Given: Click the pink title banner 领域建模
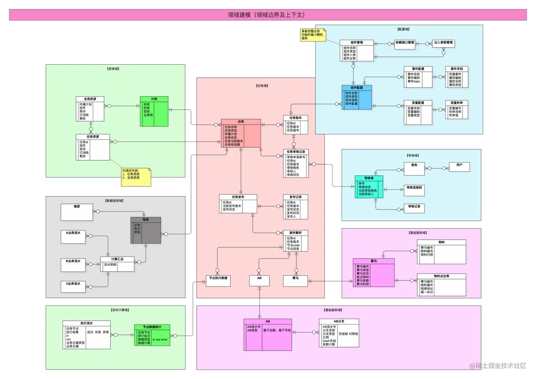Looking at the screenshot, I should [268, 15].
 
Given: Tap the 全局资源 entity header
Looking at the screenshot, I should [90, 99].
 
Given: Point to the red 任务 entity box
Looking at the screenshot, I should [241, 133].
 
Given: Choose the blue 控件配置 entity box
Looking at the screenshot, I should [357, 97].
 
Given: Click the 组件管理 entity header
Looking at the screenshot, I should [357, 43].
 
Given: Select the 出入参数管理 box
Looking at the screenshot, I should [443, 43].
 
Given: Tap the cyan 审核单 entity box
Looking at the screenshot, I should [369, 186].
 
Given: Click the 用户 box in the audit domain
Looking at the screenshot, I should [459, 167].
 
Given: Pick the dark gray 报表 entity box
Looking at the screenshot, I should [146, 230].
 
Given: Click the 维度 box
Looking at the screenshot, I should [77, 212].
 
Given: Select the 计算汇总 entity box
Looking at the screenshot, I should [117, 264].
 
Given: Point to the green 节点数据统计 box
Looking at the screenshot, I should [152, 335].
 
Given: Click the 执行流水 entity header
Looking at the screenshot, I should [86, 323].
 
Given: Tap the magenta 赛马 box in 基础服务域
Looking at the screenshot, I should [374, 273].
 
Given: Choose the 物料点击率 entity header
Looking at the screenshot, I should [441, 276].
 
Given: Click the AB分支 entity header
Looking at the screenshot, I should [339, 321].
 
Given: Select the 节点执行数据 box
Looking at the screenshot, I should [218, 281].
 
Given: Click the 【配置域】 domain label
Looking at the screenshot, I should [403, 29].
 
